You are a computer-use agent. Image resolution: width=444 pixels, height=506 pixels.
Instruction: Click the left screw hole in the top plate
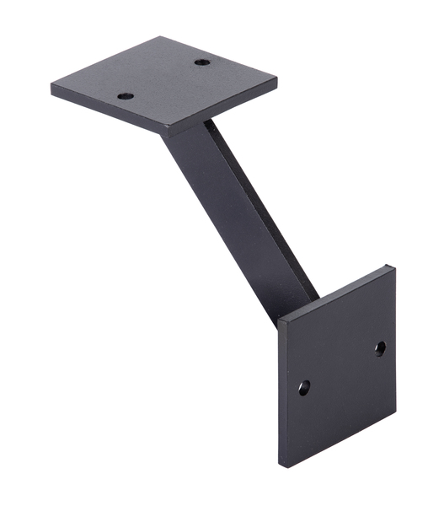tap(126, 95)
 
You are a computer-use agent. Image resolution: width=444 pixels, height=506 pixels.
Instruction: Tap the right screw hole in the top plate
tap(201, 62)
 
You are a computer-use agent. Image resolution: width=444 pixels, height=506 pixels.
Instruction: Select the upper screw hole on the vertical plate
tap(380, 347)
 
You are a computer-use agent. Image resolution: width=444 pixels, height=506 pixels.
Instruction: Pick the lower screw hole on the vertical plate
tap(304, 388)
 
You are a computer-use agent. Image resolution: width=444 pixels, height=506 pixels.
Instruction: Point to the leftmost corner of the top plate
tap(51, 86)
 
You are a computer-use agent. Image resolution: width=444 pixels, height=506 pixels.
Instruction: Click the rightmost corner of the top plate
tap(276, 83)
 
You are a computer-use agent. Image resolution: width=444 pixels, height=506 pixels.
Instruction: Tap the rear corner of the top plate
tap(160, 37)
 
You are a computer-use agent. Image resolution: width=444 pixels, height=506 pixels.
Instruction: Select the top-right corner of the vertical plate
tap(393, 266)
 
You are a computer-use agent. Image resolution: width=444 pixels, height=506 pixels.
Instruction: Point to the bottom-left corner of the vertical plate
tap(281, 466)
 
